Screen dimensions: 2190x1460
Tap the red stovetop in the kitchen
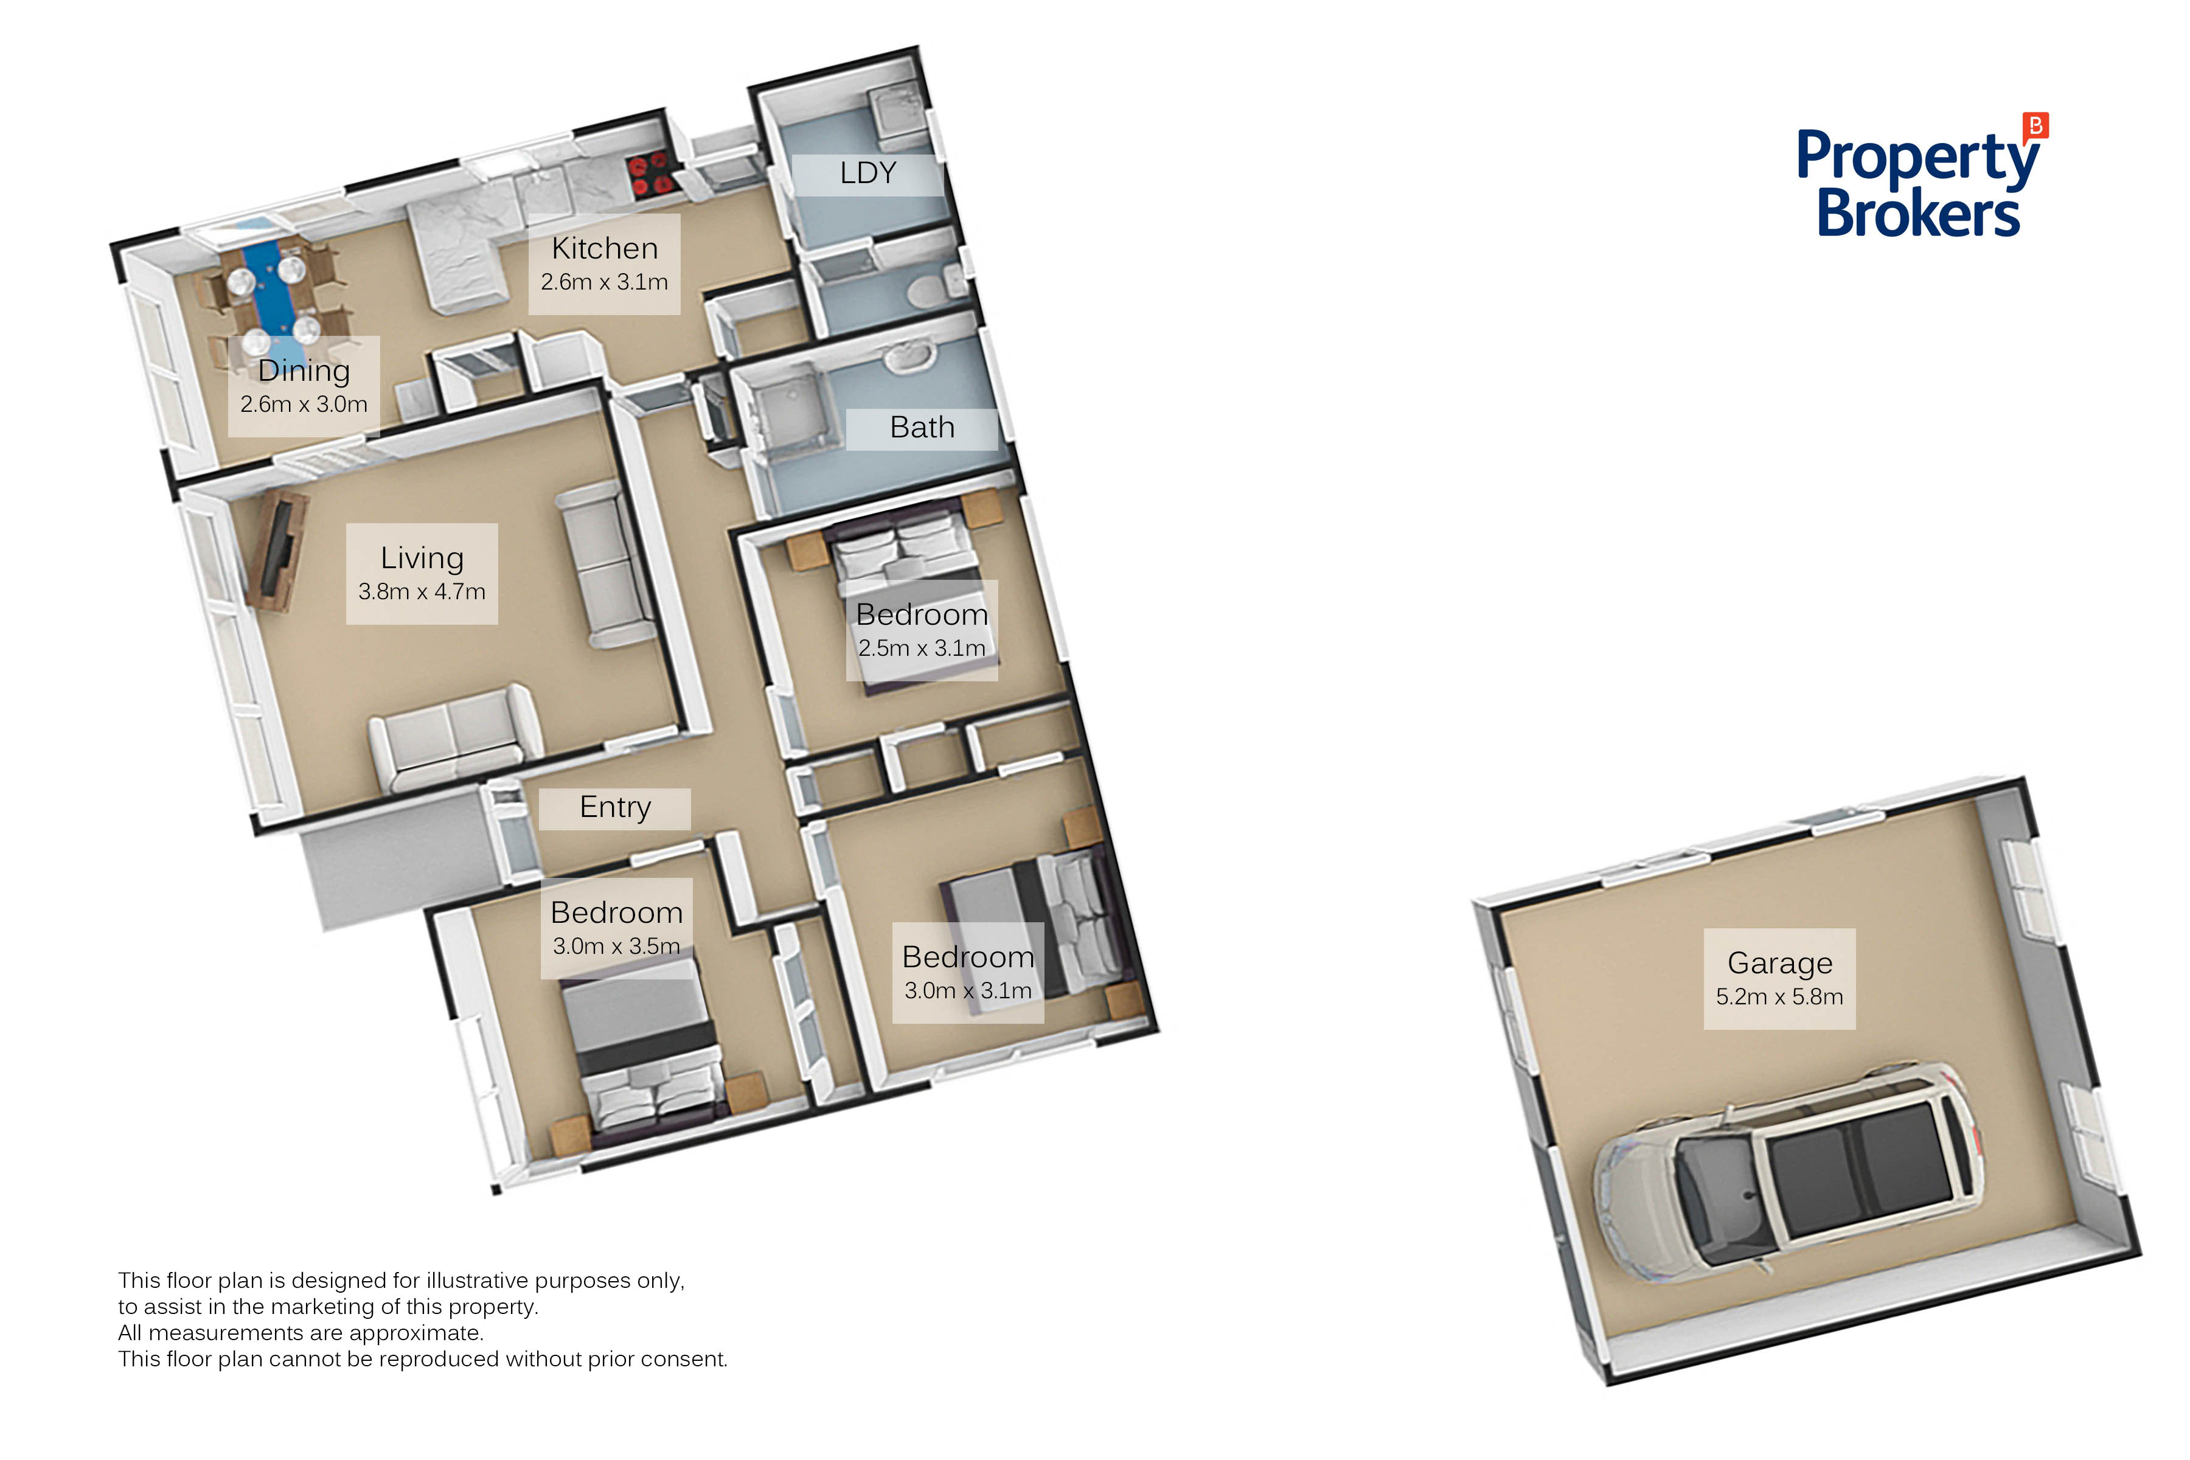click(651, 174)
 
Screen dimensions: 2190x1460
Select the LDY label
click(868, 173)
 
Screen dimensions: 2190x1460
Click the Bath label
click(922, 428)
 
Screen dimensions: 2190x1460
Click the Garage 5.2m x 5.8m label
click(1779, 979)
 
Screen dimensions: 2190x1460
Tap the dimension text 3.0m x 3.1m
click(968, 991)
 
